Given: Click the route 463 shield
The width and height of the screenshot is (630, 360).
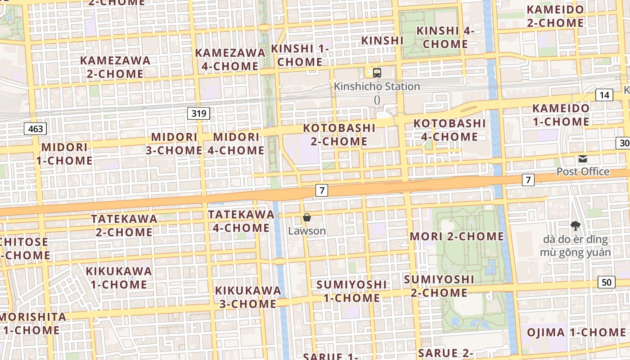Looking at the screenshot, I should click(x=35, y=129).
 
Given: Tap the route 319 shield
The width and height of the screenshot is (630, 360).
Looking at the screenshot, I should click(x=198, y=113).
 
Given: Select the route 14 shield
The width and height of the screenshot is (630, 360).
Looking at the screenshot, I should click(x=604, y=95).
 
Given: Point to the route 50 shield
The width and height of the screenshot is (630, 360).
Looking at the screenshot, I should click(x=607, y=282).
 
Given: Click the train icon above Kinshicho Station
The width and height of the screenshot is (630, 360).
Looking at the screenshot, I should click(x=377, y=72).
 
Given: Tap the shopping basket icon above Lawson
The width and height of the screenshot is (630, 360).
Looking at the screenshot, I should click(x=307, y=218).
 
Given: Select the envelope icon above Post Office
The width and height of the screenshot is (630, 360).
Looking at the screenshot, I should click(x=583, y=159).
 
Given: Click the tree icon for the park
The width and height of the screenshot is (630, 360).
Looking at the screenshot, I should click(x=575, y=225).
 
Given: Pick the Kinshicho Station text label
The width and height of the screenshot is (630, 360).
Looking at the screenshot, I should click(x=377, y=86).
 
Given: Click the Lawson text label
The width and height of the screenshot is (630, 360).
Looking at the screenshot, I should click(x=307, y=231).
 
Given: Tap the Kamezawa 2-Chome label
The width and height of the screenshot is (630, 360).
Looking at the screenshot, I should click(x=115, y=67).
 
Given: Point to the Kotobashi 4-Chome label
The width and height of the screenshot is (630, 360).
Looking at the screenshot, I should click(x=450, y=130).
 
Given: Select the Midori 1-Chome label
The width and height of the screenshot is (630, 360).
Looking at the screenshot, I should click(x=67, y=154).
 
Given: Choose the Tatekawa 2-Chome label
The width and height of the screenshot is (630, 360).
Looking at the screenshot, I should click(x=124, y=225).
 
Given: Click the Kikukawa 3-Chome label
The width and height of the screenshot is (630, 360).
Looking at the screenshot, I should click(x=248, y=297).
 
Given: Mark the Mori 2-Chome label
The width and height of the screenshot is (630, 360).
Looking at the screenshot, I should click(x=457, y=236).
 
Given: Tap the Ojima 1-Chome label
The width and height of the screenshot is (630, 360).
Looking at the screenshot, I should click(x=576, y=333).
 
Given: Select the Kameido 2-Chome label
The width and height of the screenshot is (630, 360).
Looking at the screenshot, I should click(x=555, y=16).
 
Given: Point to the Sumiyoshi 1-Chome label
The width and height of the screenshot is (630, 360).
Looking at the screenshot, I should click(x=351, y=291).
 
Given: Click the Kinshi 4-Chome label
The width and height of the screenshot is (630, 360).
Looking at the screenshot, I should click(x=445, y=37).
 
